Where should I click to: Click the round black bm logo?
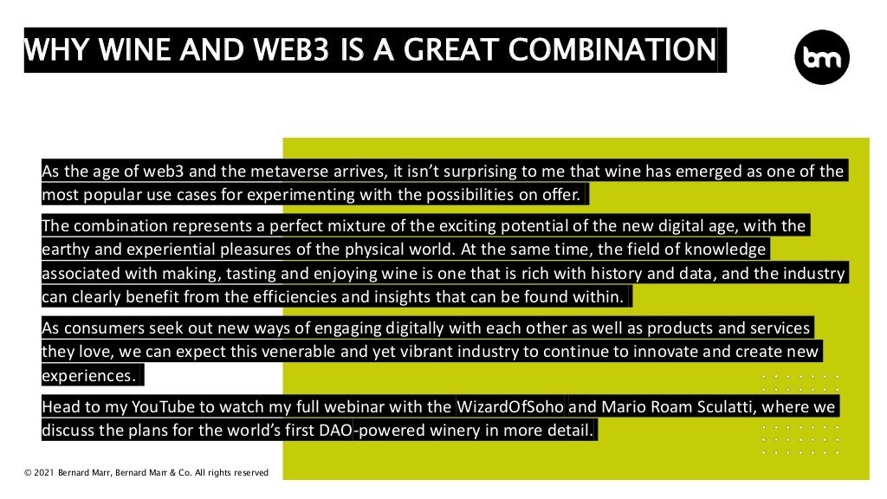point(821,57)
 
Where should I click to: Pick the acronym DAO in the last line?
point(332,430)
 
